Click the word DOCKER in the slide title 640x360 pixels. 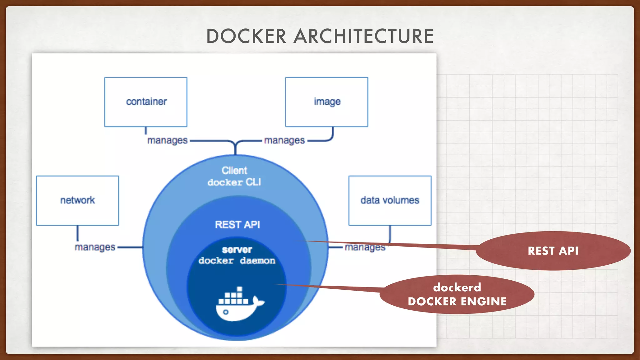point(246,36)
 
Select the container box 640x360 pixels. point(146,102)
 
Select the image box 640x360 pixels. point(327,102)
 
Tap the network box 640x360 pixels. point(77,200)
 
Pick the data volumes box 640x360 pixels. point(390,200)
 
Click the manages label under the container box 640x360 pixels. point(167,140)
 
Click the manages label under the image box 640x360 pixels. point(284,140)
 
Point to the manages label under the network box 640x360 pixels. point(95,247)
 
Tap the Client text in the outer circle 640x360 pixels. point(234,170)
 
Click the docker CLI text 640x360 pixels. point(234,182)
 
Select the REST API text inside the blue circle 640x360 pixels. point(237,225)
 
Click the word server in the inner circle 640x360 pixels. point(237,250)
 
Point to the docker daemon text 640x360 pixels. point(237,261)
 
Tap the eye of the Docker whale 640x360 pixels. point(226,312)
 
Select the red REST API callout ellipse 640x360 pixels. point(553,251)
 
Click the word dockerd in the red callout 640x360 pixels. point(457,287)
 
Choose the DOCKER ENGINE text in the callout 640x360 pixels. point(457,302)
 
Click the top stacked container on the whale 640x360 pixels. point(240,289)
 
